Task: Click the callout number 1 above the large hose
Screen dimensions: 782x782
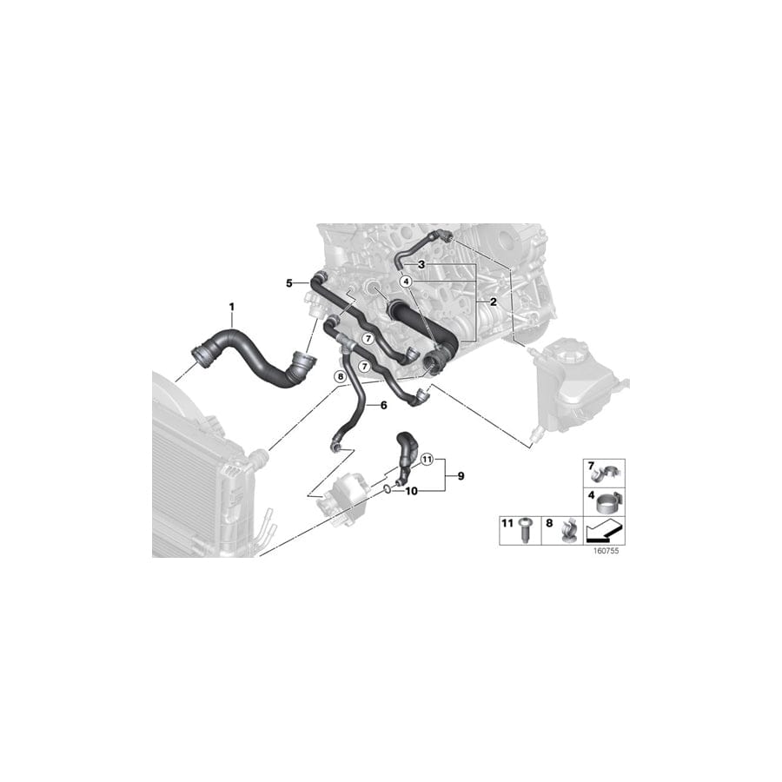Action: point(232,307)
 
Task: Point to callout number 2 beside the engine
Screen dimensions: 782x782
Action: point(493,302)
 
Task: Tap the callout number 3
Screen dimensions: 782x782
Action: point(421,264)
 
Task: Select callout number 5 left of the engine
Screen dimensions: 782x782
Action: point(289,282)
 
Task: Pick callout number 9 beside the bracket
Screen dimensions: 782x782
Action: point(461,476)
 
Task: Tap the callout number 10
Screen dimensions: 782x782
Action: point(412,490)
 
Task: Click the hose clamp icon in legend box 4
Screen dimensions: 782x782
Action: point(606,501)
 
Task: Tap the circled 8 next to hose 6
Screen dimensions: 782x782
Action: point(341,376)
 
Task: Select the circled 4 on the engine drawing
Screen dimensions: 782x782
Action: point(405,282)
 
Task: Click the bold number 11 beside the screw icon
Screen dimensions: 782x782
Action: point(507,523)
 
